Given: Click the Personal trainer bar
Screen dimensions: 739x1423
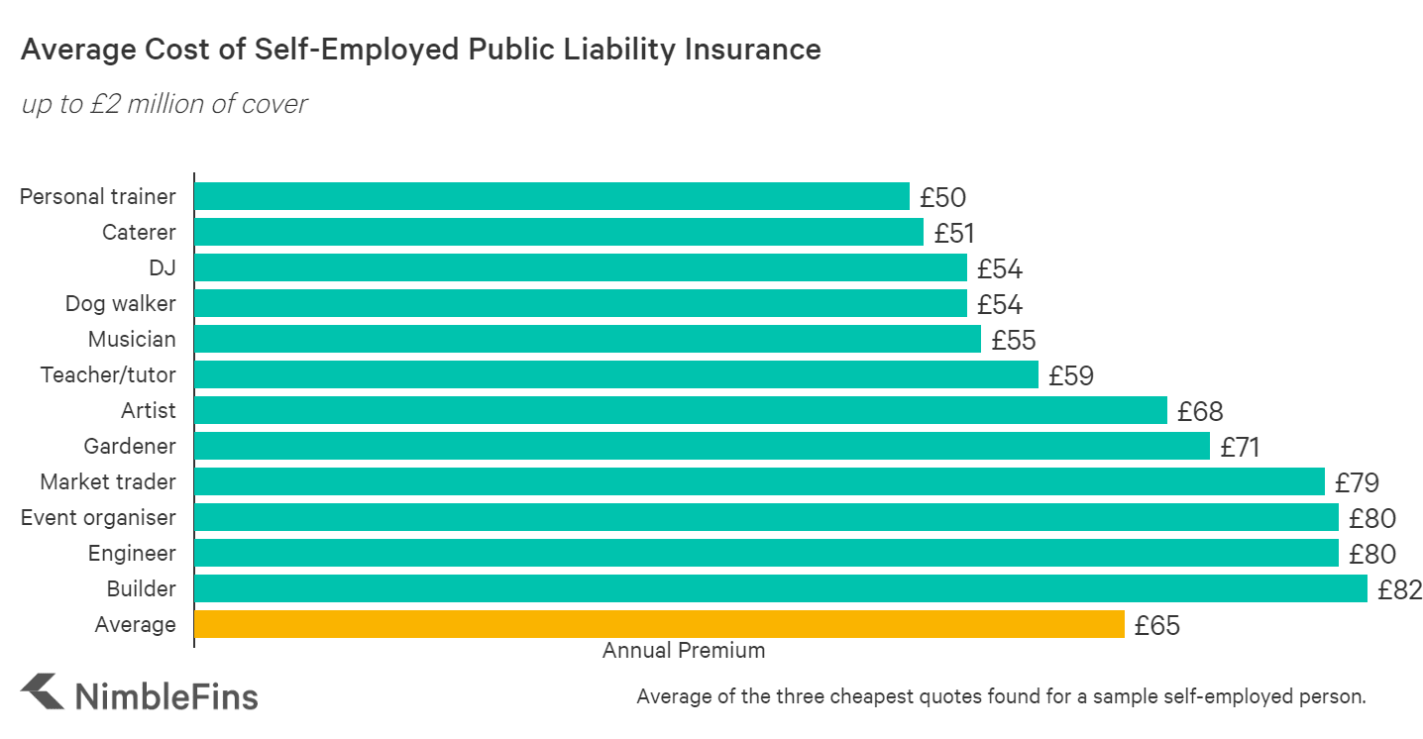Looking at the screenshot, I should point(551,196).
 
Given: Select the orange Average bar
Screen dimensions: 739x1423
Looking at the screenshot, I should point(659,624).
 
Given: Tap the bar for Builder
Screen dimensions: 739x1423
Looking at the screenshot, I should point(780,588).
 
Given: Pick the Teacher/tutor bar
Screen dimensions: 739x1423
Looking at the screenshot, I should point(615,374).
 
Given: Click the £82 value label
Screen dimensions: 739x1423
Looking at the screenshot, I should point(1399,589).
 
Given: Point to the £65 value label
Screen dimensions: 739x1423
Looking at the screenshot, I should point(1157,625).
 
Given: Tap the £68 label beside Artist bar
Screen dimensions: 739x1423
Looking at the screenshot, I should point(1200,411).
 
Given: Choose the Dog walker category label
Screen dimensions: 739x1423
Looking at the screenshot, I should point(120,303).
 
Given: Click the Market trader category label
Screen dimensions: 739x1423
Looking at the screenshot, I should point(107,481).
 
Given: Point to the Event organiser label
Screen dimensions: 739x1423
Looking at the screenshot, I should point(98,517).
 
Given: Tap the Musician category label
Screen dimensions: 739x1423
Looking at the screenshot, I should point(132,339).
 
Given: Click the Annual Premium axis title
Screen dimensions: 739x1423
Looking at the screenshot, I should point(684,651).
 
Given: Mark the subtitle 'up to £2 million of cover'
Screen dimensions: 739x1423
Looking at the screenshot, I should point(164,103).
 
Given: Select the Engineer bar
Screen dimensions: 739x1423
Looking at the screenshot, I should point(766,553).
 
